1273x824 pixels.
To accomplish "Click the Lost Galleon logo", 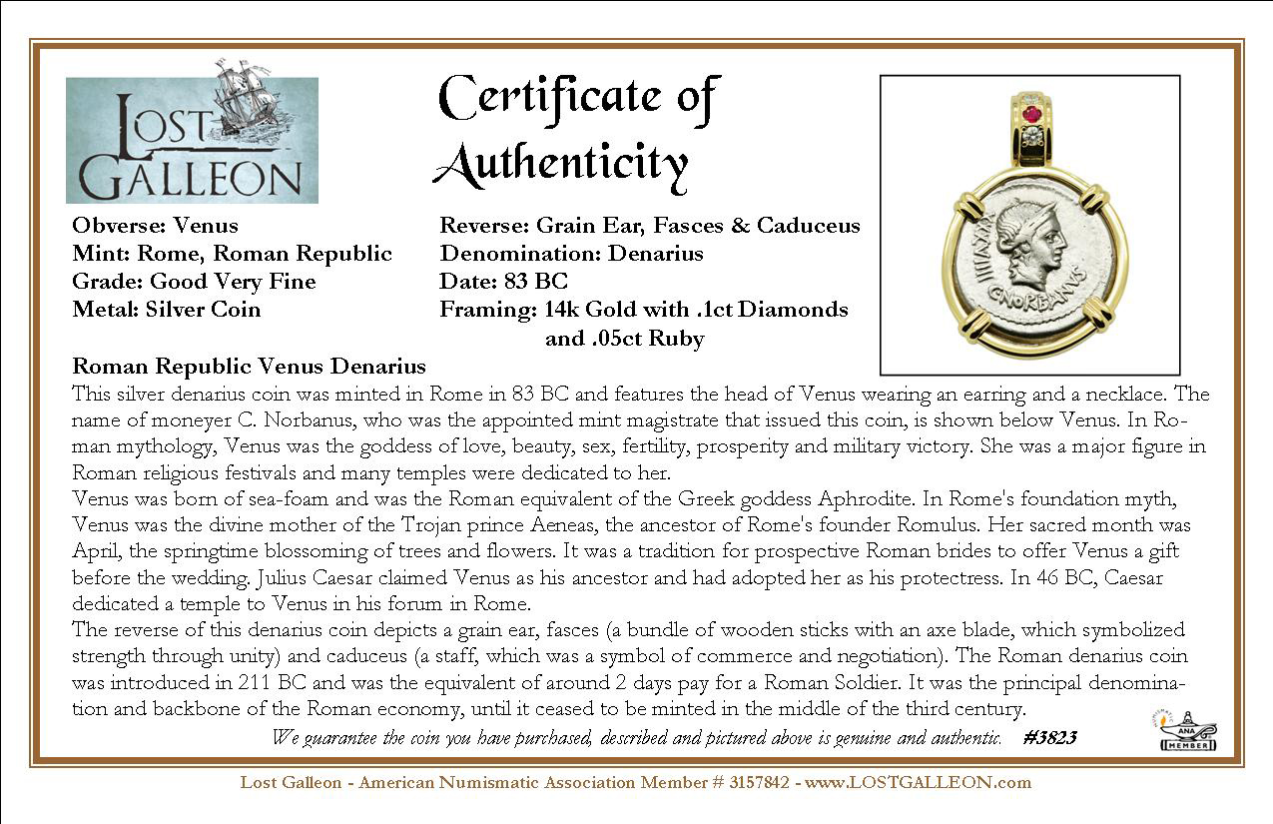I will pos(192,140).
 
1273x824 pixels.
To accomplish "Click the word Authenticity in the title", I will pos(561,163).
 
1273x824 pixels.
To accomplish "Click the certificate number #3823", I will pos(1049,738).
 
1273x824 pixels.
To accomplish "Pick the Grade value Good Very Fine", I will pos(233,282).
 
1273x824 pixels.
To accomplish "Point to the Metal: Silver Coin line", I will pos(166,310).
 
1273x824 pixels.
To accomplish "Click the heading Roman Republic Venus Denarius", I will pos(249,367).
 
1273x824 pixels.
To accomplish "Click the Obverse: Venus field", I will pos(155,226).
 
